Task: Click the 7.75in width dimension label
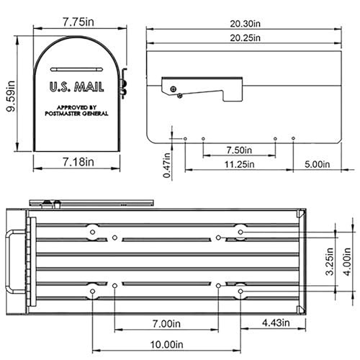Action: [x=77, y=22]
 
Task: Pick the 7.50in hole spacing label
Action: [x=238, y=150]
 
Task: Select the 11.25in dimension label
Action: [x=238, y=165]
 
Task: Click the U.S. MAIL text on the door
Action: [x=77, y=87]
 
